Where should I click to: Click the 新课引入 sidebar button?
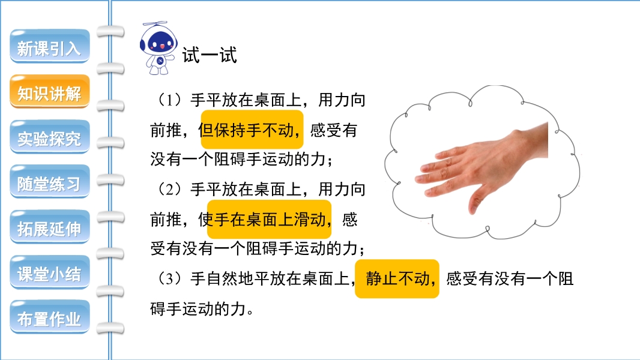point(49,46)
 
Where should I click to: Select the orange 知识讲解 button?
point(49,91)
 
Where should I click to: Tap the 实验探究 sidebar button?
point(49,137)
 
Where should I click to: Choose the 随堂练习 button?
point(49,182)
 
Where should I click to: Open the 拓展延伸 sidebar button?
point(49,227)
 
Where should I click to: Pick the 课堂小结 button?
point(49,272)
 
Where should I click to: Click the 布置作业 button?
point(49,317)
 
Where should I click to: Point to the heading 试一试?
point(210,55)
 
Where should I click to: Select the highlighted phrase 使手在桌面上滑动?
point(269,220)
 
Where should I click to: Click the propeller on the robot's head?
point(155,23)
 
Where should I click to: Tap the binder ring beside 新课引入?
point(110,32)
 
